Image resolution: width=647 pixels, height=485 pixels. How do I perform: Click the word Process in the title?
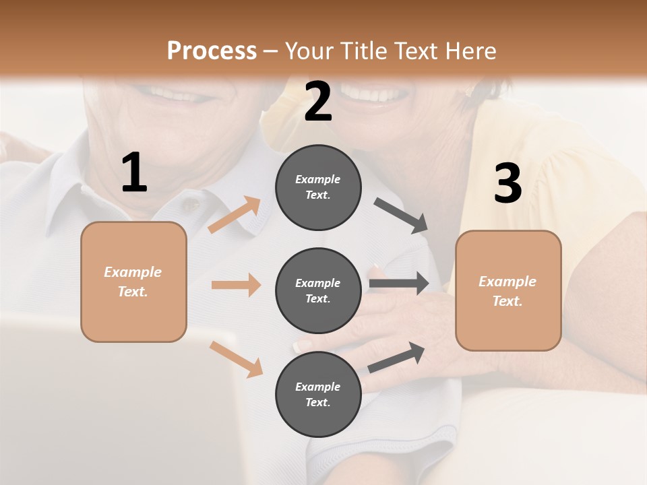(212, 51)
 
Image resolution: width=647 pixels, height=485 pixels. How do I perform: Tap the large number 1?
(134, 173)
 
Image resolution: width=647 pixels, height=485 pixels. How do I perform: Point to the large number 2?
(318, 102)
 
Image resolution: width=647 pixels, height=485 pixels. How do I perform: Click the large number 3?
(507, 183)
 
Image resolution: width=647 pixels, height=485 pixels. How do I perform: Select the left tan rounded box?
(133, 282)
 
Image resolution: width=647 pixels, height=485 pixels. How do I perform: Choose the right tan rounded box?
(508, 290)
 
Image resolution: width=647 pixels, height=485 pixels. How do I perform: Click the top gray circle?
(318, 187)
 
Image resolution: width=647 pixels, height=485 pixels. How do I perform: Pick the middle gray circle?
(318, 290)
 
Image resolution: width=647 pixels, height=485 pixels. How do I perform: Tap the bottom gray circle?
(318, 394)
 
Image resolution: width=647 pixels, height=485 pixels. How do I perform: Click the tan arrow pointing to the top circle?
(235, 215)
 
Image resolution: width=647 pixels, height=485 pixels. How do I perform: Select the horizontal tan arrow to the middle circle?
(236, 285)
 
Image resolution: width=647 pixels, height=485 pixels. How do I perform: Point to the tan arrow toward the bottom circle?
(237, 358)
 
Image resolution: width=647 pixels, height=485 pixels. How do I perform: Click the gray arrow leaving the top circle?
(401, 216)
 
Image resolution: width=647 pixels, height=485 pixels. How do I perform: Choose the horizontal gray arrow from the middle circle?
(399, 284)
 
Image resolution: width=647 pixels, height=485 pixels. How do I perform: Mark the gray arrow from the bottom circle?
(396, 357)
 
